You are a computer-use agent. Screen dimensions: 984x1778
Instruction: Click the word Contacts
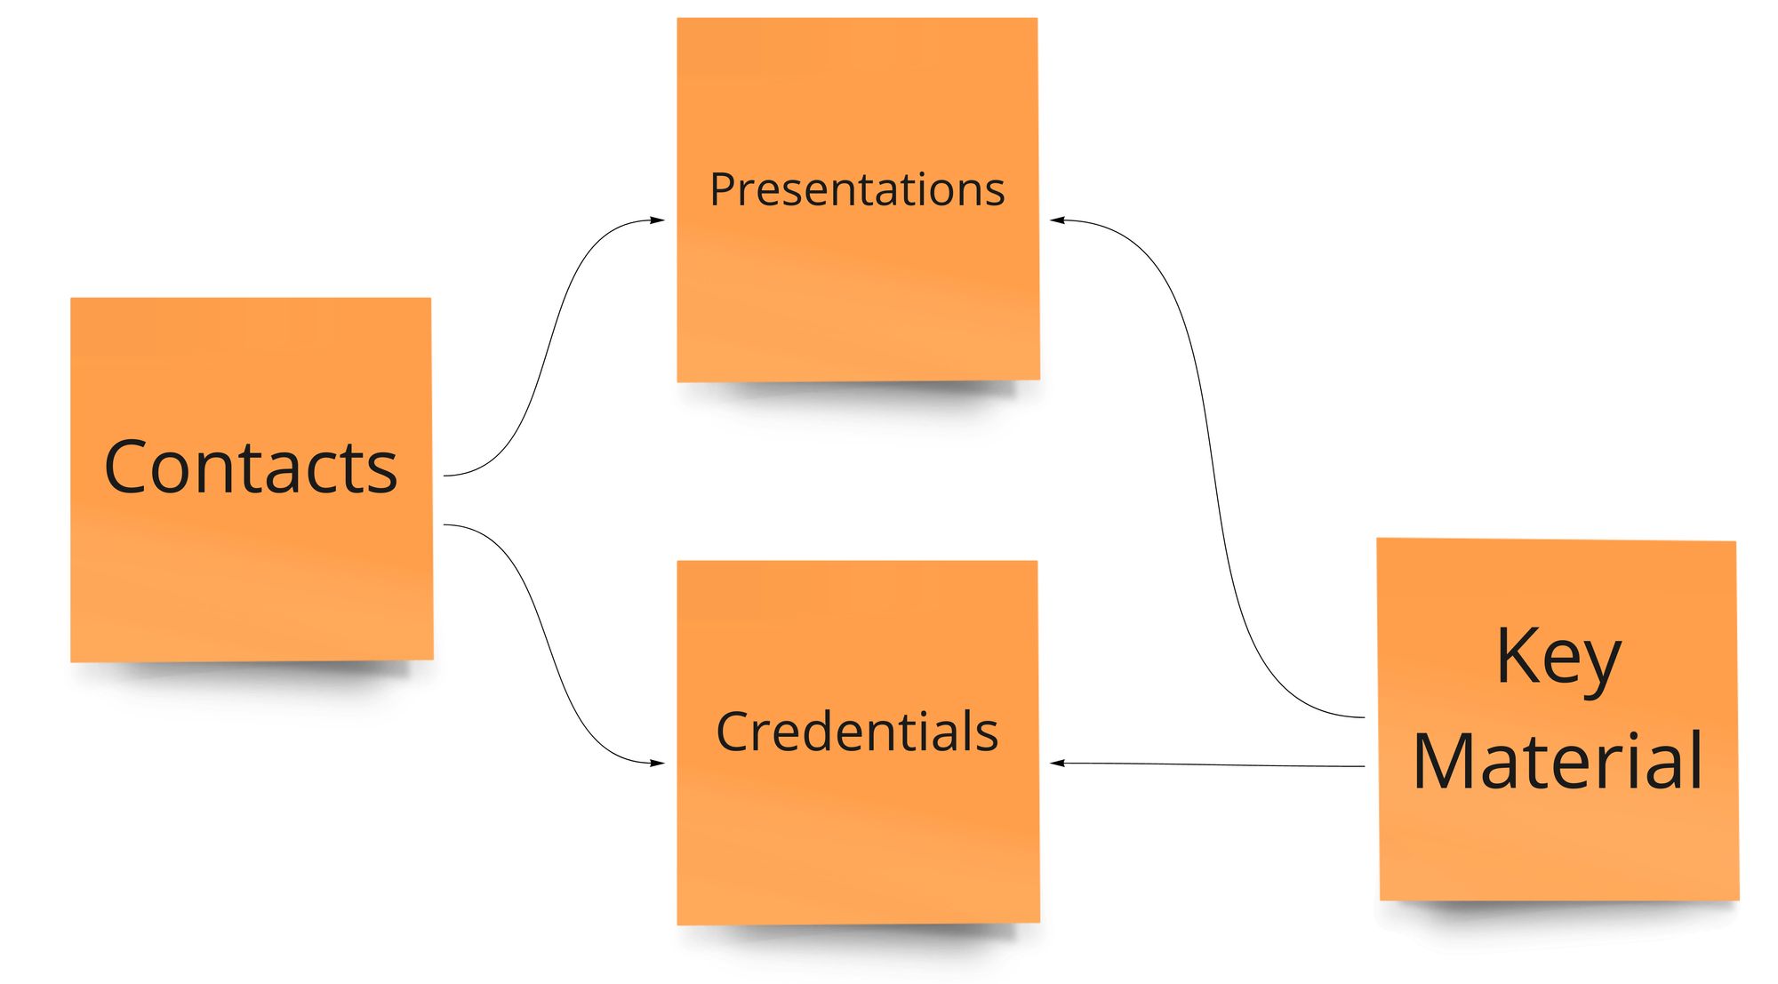[251, 468]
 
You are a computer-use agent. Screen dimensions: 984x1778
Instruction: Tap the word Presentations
[857, 190]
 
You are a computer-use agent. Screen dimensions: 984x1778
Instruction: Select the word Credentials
[857, 732]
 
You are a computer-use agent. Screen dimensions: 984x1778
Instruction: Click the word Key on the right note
[1558, 658]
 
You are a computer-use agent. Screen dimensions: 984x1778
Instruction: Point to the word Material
[1558, 762]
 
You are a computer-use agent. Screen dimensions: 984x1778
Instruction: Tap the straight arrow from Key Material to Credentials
[1209, 764]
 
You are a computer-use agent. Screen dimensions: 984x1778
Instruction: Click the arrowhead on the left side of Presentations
[658, 220]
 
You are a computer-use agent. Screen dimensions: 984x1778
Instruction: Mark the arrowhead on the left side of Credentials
[658, 763]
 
